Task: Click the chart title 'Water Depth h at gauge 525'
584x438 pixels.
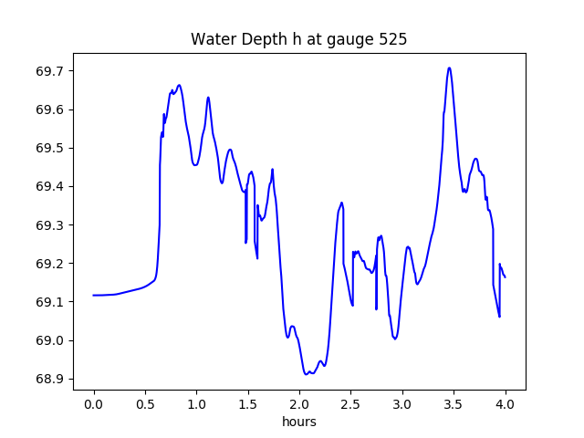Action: click(298, 39)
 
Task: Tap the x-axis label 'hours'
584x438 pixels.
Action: click(299, 422)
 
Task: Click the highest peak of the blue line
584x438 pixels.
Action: click(449, 68)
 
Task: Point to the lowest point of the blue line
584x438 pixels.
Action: click(307, 374)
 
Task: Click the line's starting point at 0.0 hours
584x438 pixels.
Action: click(93, 295)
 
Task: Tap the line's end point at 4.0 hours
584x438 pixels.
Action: click(505, 276)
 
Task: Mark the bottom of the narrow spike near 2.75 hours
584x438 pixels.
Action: click(376, 309)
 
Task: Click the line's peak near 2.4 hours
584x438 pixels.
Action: click(341, 203)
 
